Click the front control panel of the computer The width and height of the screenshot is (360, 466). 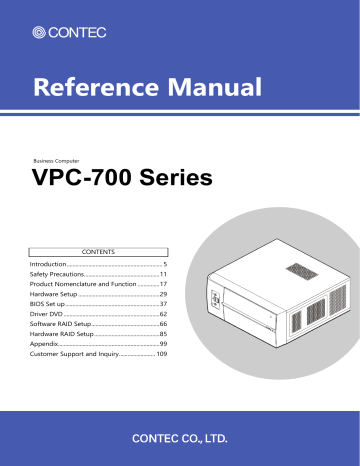click(215, 303)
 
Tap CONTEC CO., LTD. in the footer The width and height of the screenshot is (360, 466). click(180, 438)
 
